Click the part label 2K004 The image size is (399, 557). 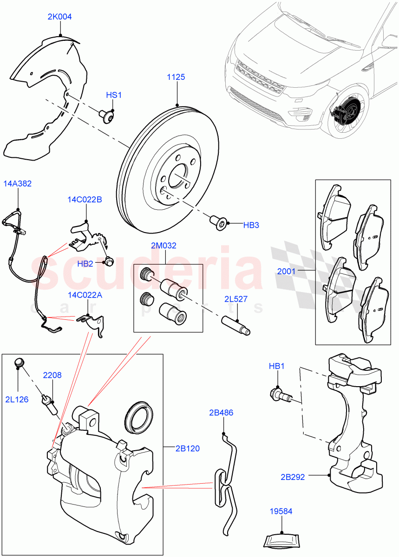click(59, 17)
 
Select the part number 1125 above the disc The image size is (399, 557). click(176, 77)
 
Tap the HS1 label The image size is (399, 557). click(113, 95)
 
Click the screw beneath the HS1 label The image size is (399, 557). click(108, 116)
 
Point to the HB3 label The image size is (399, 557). click(251, 225)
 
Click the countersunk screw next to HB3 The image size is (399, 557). click(218, 223)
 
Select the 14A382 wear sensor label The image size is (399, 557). click(18, 183)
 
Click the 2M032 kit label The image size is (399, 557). click(164, 246)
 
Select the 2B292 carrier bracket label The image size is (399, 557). click(293, 477)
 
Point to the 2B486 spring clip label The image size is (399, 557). click(221, 412)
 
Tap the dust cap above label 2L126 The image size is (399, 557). click(19, 362)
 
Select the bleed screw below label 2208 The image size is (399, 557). click(50, 402)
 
